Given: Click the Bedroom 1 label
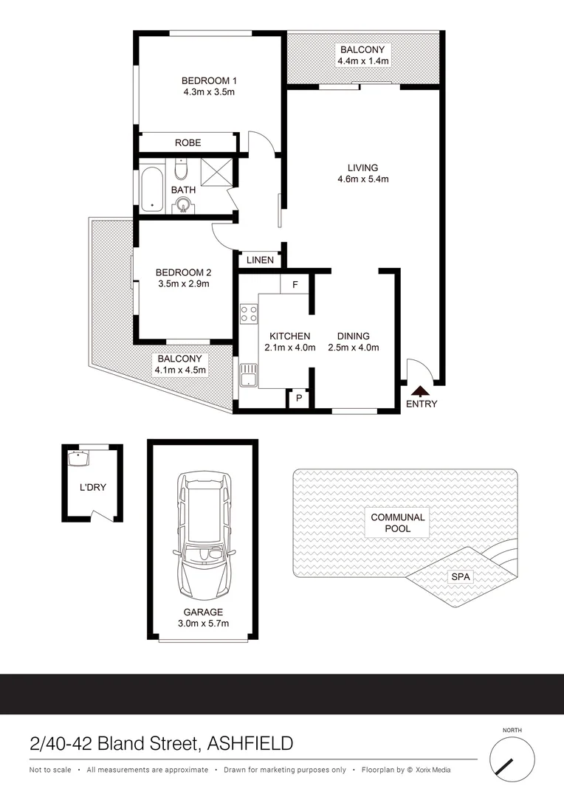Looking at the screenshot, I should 209,80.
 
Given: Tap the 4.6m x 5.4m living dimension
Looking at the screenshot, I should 363,179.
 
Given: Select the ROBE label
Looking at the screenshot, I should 188,142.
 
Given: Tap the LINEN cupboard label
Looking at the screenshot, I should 260,260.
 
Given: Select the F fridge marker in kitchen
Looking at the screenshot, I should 295,284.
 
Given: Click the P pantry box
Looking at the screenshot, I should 299,398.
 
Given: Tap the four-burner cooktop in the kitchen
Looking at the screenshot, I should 248,313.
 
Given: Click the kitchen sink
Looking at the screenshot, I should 247,374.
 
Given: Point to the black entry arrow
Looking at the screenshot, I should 419,391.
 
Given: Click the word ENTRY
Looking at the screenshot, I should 422,404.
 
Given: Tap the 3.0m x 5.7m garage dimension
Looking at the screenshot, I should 204,624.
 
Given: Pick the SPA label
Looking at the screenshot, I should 462,576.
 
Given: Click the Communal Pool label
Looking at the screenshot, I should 398,523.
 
